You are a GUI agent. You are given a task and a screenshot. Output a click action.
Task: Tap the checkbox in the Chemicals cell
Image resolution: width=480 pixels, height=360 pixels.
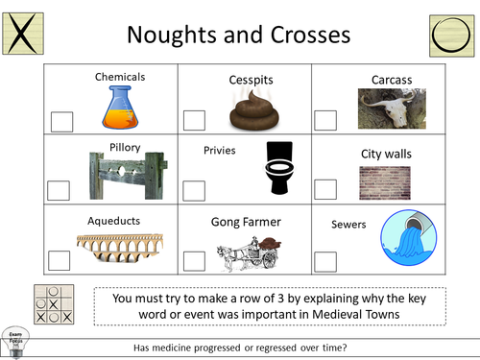click(x=61, y=121)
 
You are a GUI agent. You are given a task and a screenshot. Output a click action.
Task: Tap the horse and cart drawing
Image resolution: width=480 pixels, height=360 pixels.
click(x=247, y=253)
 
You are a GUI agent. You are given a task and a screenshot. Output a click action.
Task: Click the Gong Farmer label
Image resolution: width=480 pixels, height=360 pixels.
click(x=246, y=222)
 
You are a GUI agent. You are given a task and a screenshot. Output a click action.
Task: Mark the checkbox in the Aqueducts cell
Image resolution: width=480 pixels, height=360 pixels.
click(x=60, y=260)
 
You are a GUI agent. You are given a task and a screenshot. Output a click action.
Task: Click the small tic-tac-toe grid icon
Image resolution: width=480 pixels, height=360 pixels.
click(x=52, y=303)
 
